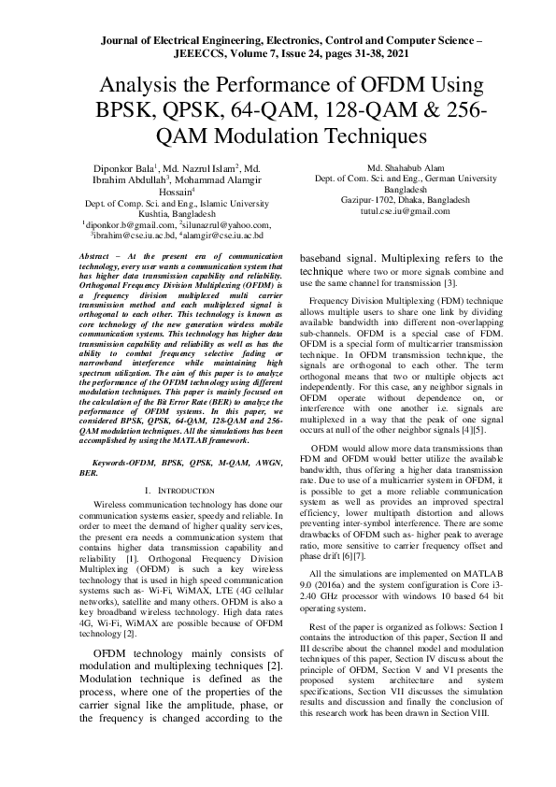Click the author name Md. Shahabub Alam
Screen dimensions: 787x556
pos(406,167)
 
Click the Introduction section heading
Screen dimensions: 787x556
pos(182,490)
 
